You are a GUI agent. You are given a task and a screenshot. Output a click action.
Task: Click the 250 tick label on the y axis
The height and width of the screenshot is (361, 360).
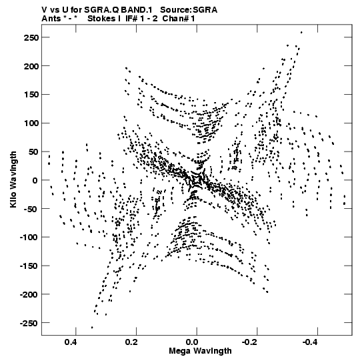pos(31,37)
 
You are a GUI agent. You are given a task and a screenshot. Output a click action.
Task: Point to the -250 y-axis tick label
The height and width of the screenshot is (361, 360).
pos(29,323)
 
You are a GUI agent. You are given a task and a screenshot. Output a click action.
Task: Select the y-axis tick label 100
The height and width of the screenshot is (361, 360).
pos(31,123)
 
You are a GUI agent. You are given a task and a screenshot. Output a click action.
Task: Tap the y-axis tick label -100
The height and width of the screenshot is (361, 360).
pos(29,238)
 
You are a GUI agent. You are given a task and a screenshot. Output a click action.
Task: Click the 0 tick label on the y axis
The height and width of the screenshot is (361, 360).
pos(35,180)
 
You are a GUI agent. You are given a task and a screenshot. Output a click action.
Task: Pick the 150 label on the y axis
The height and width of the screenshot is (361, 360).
pos(31,95)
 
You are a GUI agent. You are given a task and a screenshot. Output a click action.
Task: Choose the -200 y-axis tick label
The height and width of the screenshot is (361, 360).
pos(29,295)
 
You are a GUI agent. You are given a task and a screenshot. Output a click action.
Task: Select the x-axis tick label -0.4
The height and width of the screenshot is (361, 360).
pos(310,342)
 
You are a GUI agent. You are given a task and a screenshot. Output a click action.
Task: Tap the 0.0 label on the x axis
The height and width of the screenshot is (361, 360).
pos(192,342)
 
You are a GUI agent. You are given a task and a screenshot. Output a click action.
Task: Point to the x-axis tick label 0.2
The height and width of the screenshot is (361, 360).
pos(131,342)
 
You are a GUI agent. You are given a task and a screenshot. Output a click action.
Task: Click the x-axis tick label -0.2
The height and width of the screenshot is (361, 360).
pos(249,342)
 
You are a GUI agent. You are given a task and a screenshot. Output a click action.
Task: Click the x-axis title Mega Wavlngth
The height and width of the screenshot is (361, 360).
pos(200,351)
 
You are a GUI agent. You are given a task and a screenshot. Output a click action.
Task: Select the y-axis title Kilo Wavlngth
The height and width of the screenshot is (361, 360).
pos(13,179)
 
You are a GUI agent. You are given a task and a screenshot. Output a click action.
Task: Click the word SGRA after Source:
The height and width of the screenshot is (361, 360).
pos(205,10)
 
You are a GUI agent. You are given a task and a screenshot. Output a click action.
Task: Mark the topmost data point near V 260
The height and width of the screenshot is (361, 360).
pos(301,33)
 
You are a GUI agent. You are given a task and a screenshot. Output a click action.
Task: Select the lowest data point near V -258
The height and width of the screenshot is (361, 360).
pos(92,328)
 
